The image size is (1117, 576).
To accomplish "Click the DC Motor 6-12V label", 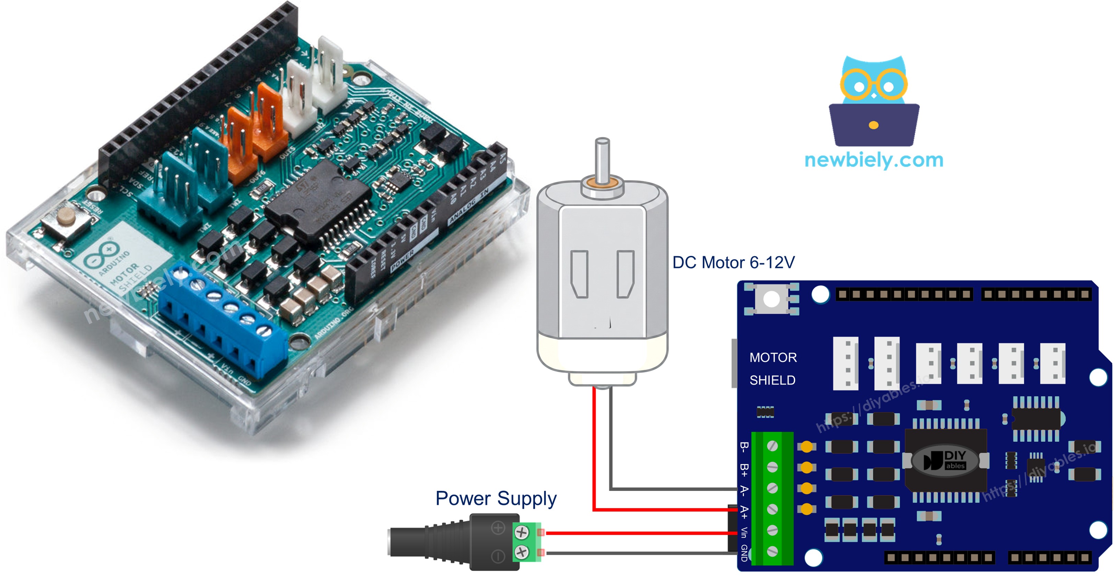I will (x=733, y=262).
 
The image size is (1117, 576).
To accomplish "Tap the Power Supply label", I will (x=496, y=498).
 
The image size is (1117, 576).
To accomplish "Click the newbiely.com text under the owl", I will (x=874, y=160).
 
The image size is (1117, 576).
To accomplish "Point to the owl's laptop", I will (x=874, y=125).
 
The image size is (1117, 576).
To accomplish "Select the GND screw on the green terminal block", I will (x=772, y=551).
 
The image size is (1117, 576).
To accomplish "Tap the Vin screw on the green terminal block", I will (x=772, y=530).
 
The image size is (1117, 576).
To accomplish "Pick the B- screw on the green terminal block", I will (x=772, y=446).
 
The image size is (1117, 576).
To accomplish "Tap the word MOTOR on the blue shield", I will (x=773, y=357).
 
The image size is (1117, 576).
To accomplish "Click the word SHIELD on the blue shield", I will (x=772, y=380).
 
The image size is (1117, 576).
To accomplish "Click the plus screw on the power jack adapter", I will (x=522, y=532).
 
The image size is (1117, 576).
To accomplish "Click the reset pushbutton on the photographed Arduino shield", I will (x=66, y=216).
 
